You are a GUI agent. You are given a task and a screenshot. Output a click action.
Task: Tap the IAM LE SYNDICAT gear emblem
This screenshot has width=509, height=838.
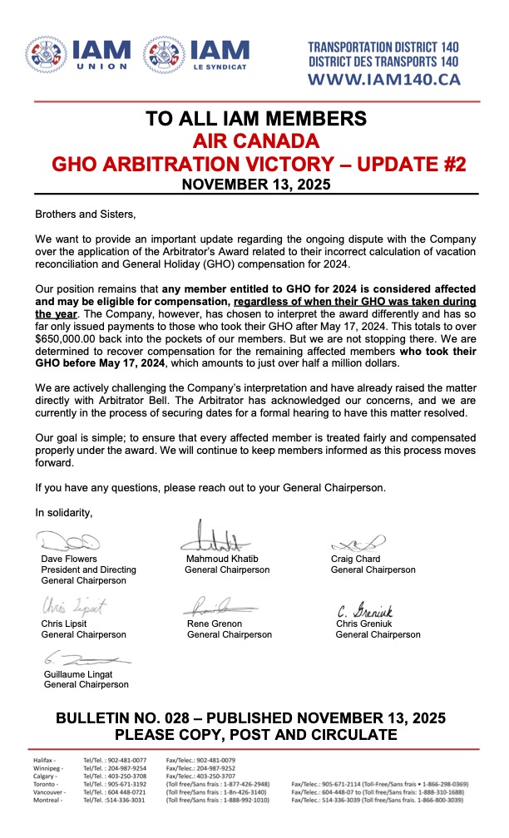(x=163, y=56)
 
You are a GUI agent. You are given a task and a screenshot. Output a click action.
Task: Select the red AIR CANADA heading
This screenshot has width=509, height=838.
(x=254, y=140)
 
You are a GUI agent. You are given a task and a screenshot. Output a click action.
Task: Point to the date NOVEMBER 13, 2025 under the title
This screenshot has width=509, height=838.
(x=254, y=184)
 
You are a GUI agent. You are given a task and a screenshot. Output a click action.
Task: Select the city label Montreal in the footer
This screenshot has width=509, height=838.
(x=48, y=800)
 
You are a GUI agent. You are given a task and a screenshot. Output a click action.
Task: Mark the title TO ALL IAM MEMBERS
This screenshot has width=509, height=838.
(x=254, y=118)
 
